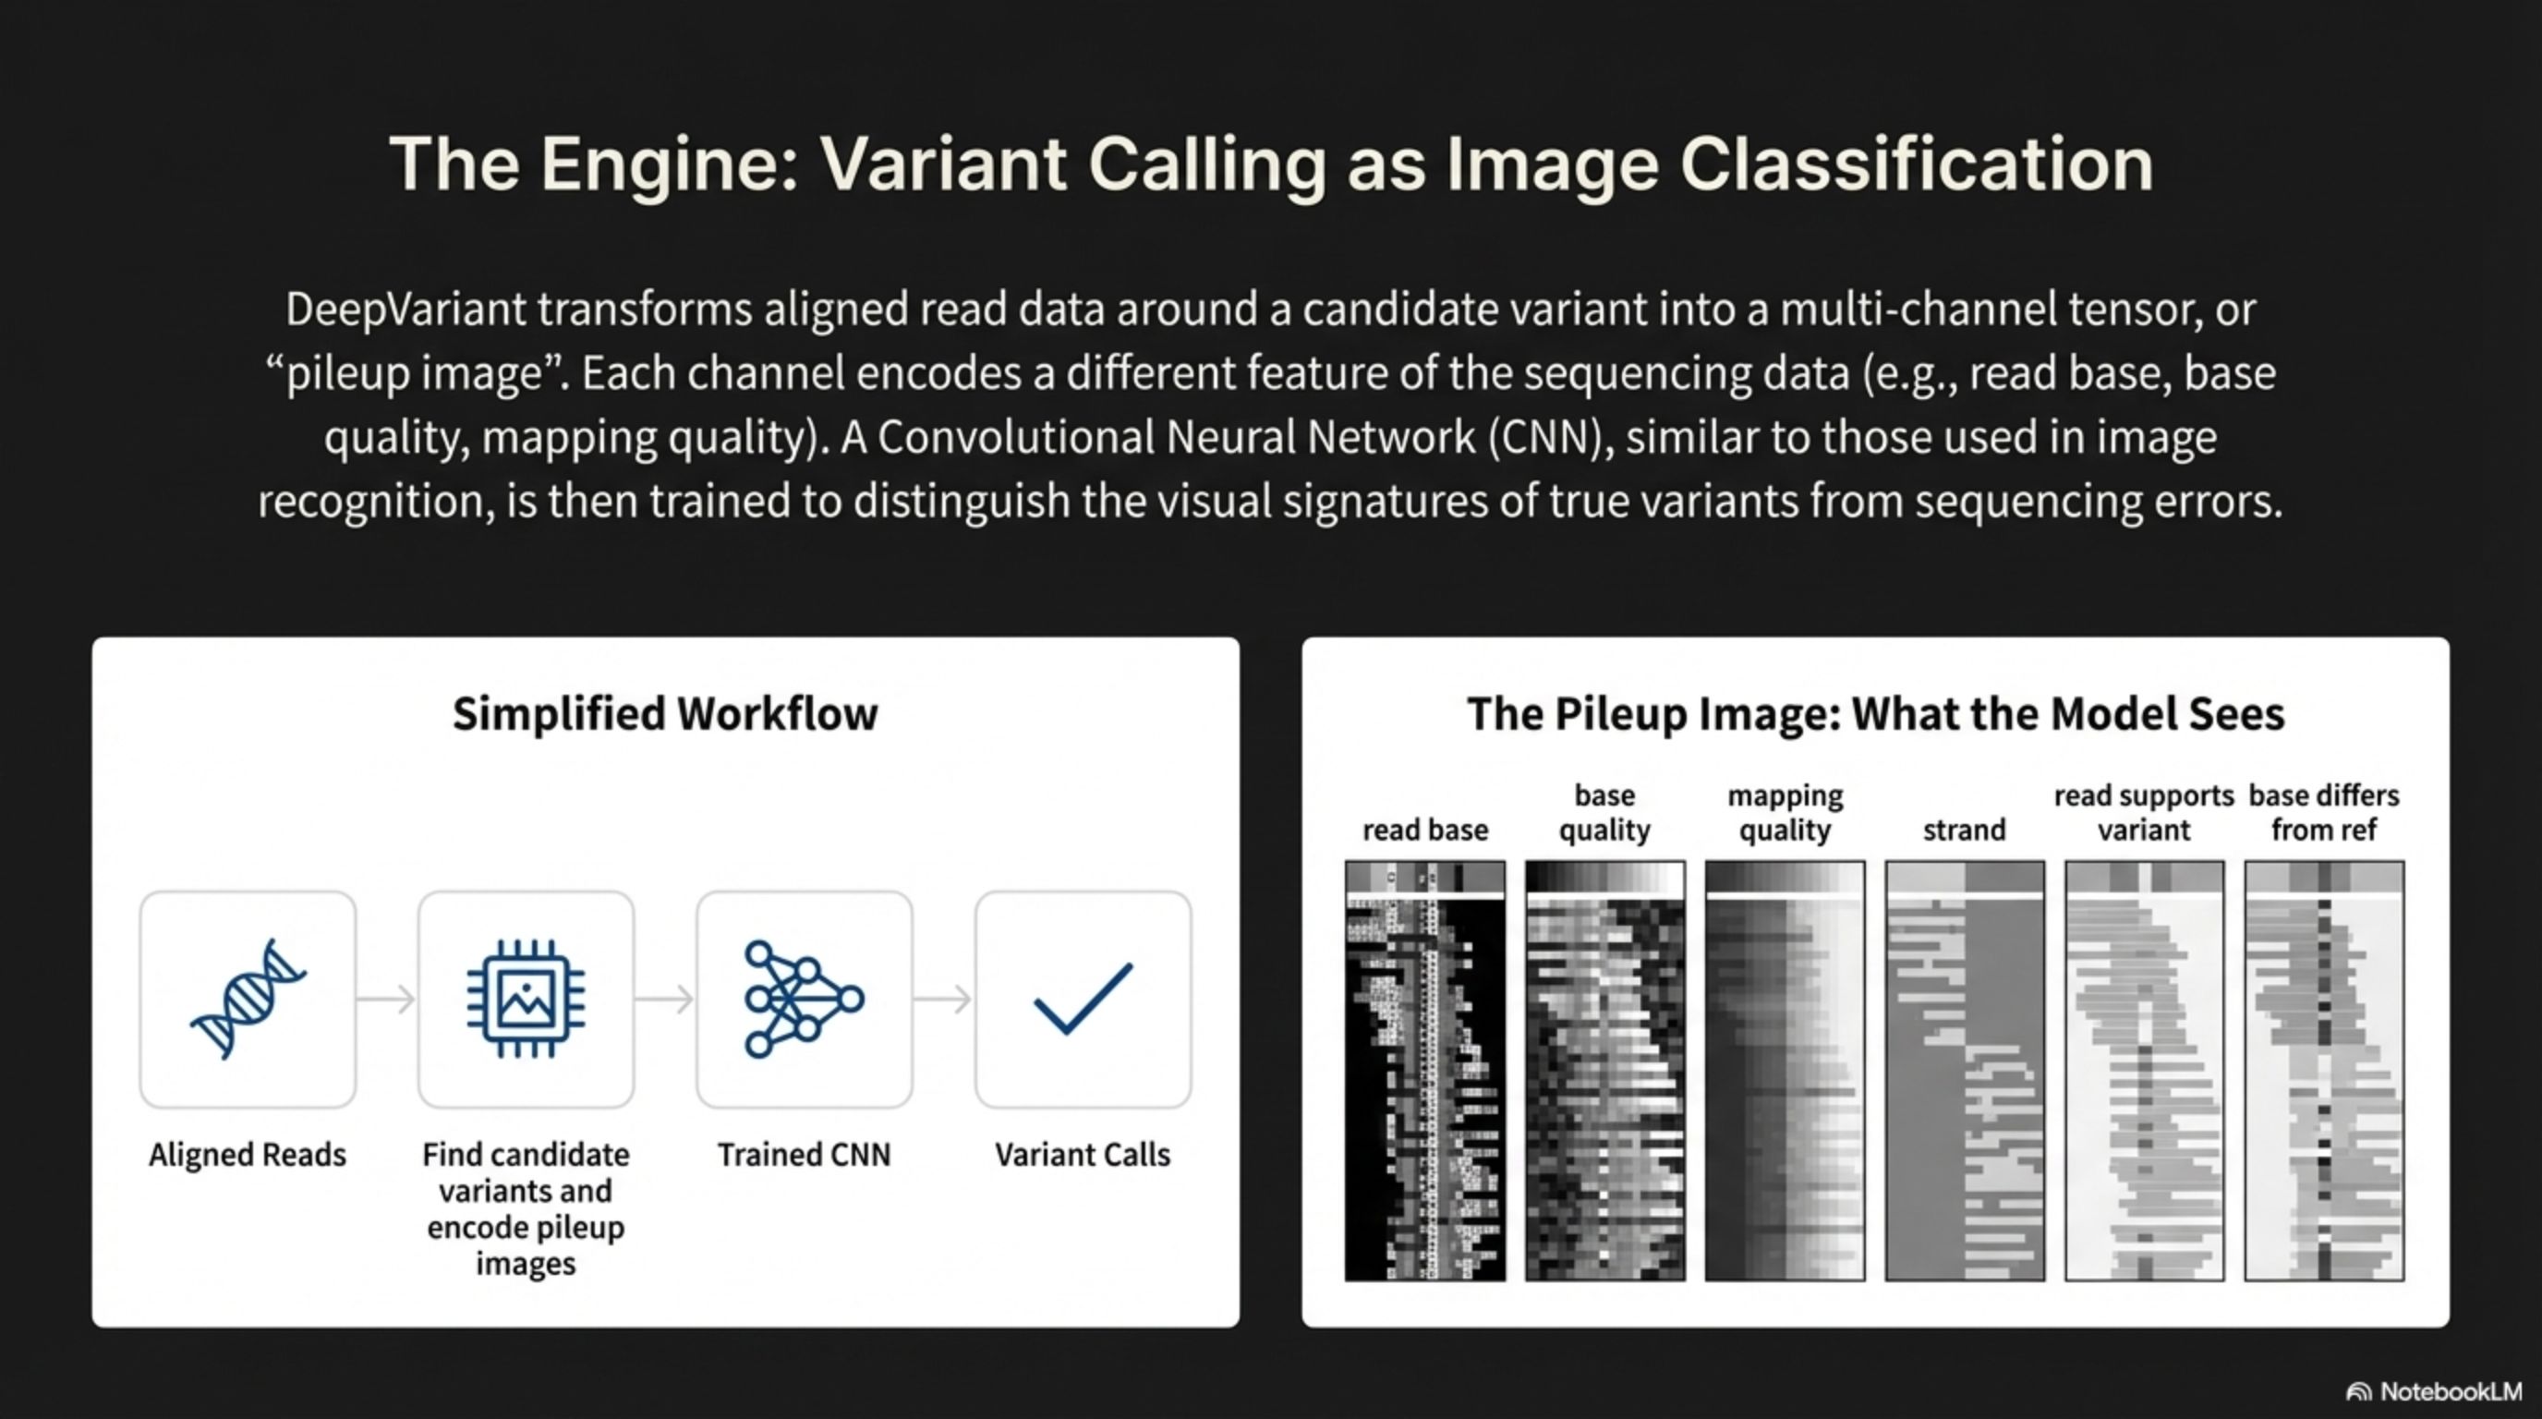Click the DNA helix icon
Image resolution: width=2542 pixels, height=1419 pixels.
248,999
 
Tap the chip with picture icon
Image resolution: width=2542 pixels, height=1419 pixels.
526,999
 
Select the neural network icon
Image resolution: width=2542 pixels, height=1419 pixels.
805,999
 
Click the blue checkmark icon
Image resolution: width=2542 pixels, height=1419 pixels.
1083,999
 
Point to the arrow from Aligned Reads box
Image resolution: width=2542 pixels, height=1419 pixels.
386,1000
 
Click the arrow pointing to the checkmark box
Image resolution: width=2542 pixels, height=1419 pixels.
942,1000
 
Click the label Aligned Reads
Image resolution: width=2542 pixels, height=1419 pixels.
248,1155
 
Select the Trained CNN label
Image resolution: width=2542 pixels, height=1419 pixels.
805,1155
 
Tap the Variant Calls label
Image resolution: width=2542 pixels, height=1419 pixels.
1083,1155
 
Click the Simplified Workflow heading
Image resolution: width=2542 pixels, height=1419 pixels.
665,713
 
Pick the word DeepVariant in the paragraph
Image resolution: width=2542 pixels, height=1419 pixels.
406,309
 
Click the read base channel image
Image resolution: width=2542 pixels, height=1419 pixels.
1425,1071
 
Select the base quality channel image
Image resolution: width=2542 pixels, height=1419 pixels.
1604,1071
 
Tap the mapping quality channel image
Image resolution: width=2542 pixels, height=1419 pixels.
1785,1071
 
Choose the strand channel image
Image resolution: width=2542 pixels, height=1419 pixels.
1965,1071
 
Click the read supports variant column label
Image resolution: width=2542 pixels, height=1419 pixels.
2144,812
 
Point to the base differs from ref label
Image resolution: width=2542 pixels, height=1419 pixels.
2324,812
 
